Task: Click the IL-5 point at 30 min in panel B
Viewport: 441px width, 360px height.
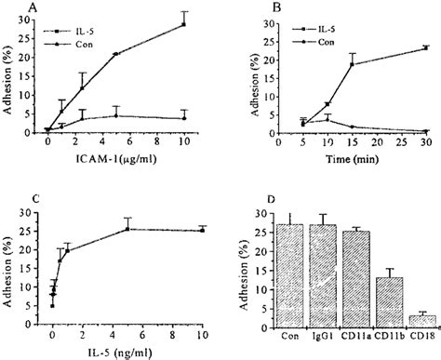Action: pos(425,47)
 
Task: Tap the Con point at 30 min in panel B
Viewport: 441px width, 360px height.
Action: pos(425,131)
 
